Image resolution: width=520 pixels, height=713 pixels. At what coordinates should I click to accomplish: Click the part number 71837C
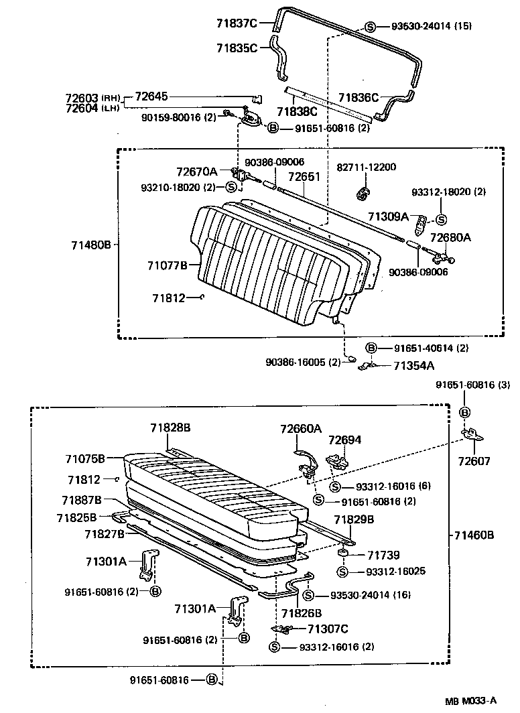(237, 23)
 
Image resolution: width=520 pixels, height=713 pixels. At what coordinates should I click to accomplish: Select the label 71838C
(298, 112)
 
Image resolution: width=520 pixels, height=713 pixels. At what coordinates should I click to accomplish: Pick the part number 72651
(305, 178)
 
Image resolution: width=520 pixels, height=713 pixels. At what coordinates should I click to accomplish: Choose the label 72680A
(450, 237)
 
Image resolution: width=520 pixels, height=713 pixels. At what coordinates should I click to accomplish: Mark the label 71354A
(413, 366)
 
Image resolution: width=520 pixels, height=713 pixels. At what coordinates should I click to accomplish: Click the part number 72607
(474, 462)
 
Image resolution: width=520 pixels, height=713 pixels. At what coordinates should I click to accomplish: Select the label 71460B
(474, 535)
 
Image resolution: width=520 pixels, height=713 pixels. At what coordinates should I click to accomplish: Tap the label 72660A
(301, 428)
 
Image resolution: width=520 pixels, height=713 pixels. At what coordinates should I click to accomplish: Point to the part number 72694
(344, 440)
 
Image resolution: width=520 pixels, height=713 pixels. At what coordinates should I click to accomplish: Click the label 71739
(383, 555)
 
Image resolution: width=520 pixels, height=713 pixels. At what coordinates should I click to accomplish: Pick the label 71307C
(328, 629)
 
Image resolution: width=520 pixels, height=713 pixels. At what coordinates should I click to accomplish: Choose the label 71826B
(302, 612)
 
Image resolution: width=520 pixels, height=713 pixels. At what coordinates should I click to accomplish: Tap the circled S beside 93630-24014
(370, 27)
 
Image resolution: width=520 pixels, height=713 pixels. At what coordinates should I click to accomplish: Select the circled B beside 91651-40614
(370, 348)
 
